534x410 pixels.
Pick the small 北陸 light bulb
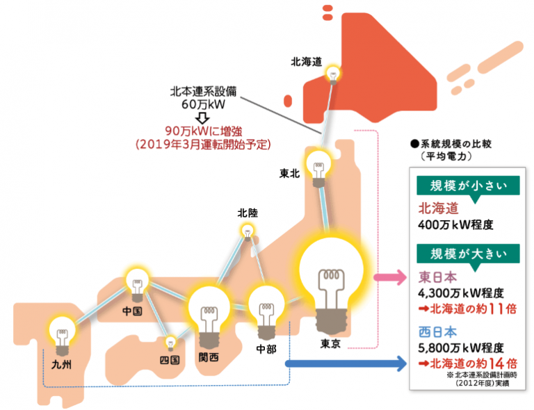247,231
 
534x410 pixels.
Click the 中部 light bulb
266,307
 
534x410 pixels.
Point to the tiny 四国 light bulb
170,342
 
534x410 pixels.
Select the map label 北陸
247,212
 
